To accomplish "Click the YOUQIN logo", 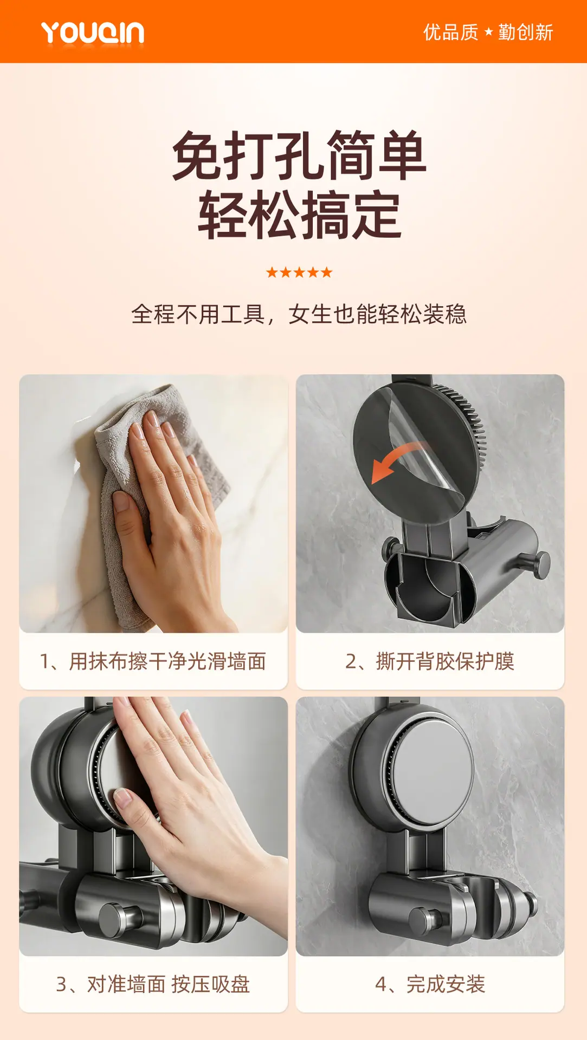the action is click(x=93, y=32).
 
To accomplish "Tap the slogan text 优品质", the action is click(x=450, y=32).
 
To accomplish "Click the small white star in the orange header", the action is click(x=488, y=32).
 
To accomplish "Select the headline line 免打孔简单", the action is click(x=299, y=155).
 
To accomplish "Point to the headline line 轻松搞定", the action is click(x=299, y=215).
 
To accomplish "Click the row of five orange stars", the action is click(x=299, y=272).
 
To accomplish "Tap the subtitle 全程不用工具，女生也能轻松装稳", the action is click(x=299, y=314).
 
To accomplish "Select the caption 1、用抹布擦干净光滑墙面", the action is click(x=153, y=661).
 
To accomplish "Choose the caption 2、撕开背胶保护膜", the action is click(x=430, y=661).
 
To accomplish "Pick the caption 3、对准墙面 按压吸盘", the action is click(x=153, y=984).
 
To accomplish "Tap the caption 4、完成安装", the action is click(x=430, y=984).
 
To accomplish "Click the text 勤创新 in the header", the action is click(x=526, y=32).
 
